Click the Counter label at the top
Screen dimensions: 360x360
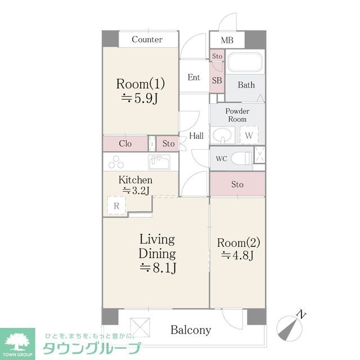click(x=147, y=39)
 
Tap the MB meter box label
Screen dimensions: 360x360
click(x=227, y=40)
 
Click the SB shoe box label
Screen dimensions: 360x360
click(x=217, y=80)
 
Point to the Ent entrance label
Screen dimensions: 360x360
click(x=194, y=78)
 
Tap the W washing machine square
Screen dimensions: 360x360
click(x=249, y=135)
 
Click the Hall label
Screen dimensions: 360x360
click(x=196, y=136)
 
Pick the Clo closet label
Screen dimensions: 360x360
click(x=125, y=144)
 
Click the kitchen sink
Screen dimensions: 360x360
click(x=159, y=162)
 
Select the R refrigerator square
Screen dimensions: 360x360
click(x=116, y=206)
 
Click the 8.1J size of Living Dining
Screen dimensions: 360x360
click(x=157, y=267)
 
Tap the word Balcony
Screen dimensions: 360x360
click(x=191, y=330)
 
